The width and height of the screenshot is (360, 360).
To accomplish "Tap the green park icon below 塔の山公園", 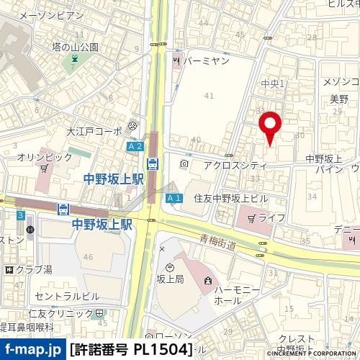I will click(73, 60).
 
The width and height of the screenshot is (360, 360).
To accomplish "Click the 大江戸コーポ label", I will click(94, 132).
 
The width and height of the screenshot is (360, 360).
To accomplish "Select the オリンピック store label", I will click(44, 156).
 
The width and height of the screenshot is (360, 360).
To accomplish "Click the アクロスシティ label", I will click(235, 165).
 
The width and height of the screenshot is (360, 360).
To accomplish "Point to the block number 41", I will click(210, 95).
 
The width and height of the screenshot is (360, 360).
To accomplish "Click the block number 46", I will click(89, 256).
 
